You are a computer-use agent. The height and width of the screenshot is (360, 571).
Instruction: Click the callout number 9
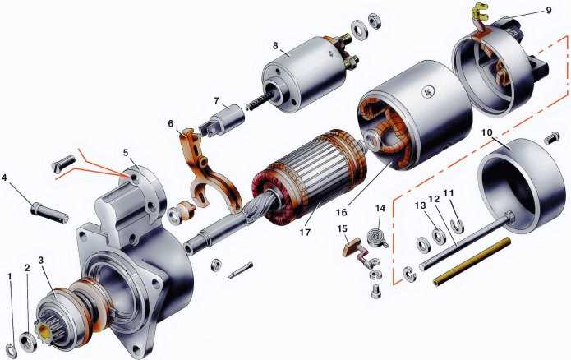coord(549,10)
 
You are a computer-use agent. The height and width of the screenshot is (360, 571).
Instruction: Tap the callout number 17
coord(305,232)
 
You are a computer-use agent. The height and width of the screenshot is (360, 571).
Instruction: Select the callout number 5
coord(126,153)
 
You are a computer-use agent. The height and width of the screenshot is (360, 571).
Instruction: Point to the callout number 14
coord(380,208)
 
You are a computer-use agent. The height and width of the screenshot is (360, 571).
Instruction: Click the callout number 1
coord(10,276)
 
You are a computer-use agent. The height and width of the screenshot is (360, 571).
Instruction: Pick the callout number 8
coord(275,45)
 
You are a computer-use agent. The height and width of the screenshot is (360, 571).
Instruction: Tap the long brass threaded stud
coord(472,261)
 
